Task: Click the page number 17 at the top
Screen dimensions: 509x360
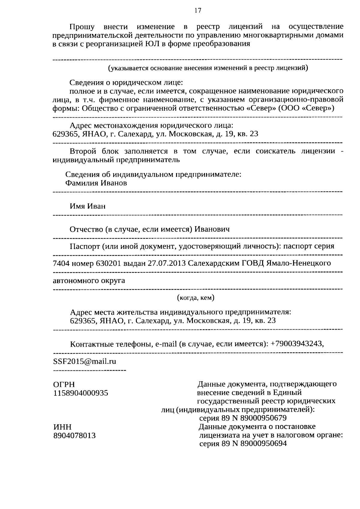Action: [197, 11]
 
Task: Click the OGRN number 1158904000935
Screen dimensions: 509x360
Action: [81, 393]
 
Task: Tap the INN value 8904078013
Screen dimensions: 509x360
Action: [74, 436]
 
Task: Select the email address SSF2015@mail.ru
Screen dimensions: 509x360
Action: [85, 361]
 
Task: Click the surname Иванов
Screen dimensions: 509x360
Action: [113, 183]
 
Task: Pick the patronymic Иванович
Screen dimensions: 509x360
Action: [212, 229]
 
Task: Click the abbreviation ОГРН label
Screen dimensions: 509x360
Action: [64, 385]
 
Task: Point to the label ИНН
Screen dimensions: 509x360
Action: [62, 427]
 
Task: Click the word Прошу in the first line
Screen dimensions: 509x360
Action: [82, 27]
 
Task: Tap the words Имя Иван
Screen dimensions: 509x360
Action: [88, 206]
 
